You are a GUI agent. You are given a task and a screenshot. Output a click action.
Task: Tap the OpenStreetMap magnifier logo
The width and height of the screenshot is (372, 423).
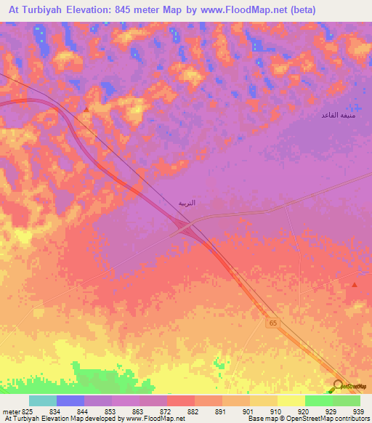click(339, 386)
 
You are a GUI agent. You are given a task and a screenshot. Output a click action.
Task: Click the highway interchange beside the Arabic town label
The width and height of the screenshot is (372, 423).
click(188, 228)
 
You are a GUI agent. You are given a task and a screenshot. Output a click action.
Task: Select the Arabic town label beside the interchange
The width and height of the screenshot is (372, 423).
click(187, 204)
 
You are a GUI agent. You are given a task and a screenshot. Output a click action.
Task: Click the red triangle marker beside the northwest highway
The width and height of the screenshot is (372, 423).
click(86, 110)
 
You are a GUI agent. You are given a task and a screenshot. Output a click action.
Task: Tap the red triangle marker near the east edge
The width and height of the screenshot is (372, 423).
click(355, 285)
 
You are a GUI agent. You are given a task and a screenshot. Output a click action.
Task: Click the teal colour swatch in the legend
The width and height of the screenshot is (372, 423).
click(43, 400)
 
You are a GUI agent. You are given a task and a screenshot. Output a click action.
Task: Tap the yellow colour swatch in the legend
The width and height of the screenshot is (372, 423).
click(291, 400)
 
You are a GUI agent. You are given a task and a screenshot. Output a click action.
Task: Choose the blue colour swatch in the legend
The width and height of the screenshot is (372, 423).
click(70, 400)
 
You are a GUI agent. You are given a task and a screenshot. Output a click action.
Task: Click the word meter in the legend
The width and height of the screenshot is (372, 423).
click(12, 411)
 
